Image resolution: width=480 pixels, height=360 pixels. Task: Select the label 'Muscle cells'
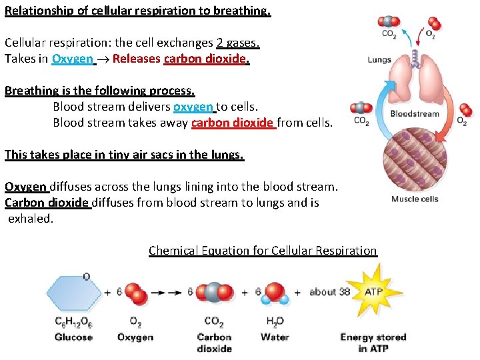[x=415, y=199]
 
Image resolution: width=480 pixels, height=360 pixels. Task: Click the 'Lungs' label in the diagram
[x=379, y=59]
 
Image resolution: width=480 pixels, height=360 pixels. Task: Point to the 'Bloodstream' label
[x=415, y=113]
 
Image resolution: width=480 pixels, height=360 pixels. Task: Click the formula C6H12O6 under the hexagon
[x=73, y=322]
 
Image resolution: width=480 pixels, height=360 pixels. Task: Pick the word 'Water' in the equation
[x=275, y=337]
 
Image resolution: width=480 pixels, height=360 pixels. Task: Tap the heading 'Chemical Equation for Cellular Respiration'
[x=263, y=251]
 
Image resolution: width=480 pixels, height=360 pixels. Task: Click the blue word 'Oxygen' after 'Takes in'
[x=73, y=59]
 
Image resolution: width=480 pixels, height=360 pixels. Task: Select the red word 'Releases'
[x=136, y=59]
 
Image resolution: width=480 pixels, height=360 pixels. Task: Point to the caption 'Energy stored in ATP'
[x=373, y=343]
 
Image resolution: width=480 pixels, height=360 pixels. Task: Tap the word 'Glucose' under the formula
[x=73, y=337]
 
